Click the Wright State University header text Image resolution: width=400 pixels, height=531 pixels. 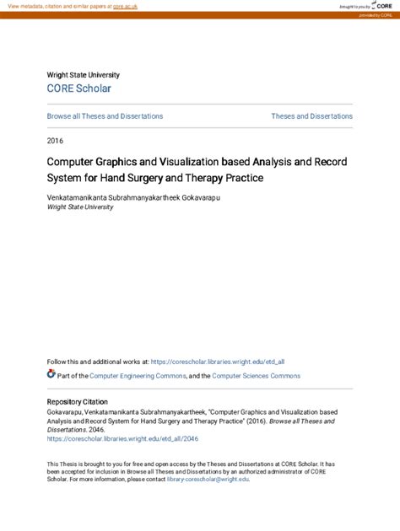(x=84, y=75)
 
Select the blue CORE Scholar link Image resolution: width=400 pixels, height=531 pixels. (x=78, y=88)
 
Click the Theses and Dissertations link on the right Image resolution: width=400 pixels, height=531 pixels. (x=311, y=116)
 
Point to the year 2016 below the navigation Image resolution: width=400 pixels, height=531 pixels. (x=56, y=140)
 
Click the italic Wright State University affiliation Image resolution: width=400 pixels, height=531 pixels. (x=80, y=206)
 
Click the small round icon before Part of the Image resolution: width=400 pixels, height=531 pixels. (x=51, y=374)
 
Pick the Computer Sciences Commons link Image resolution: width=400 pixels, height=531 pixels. (x=256, y=376)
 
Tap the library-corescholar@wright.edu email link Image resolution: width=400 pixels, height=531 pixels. (x=208, y=480)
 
